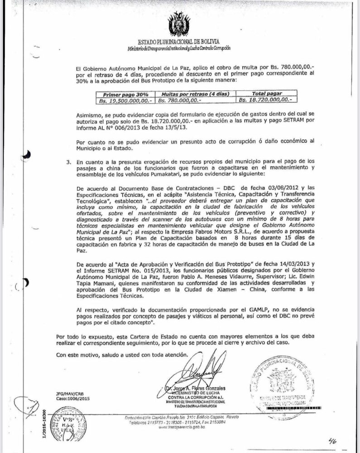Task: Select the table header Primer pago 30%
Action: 120,93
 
